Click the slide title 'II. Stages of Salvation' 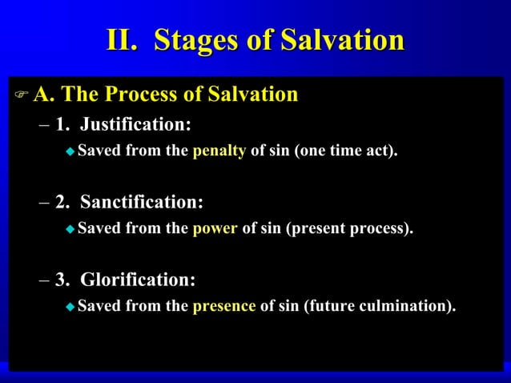pyautogui.click(x=255, y=40)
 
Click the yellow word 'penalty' pyautogui.click(x=219, y=151)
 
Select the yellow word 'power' pyautogui.click(x=215, y=228)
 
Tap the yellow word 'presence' pyautogui.click(x=224, y=305)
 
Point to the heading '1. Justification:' pyautogui.click(x=123, y=125)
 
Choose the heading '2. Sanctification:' pyautogui.click(x=129, y=202)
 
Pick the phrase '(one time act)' pyautogui.click(x=346, y=151)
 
